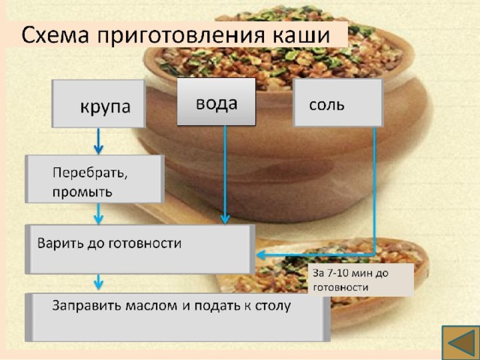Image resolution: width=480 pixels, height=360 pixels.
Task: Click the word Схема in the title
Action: pos(55,35)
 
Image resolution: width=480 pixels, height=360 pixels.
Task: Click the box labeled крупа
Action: pos(98,103)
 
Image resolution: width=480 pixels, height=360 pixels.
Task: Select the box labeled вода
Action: pos(216,102)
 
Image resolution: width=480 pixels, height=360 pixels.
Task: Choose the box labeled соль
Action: pos(338,103)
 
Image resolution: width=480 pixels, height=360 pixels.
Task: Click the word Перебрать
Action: pos(90,173)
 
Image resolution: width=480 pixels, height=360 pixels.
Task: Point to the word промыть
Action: pos(82,193)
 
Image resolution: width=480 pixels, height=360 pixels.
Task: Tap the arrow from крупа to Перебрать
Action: pos(98,141)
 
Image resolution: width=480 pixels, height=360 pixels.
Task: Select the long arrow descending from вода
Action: pos(225,175)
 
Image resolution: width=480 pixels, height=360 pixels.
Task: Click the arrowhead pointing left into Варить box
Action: pos(261,255)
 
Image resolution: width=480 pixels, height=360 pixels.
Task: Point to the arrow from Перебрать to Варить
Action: pos(98,214)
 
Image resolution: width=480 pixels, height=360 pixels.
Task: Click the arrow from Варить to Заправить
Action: pos(98,282)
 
